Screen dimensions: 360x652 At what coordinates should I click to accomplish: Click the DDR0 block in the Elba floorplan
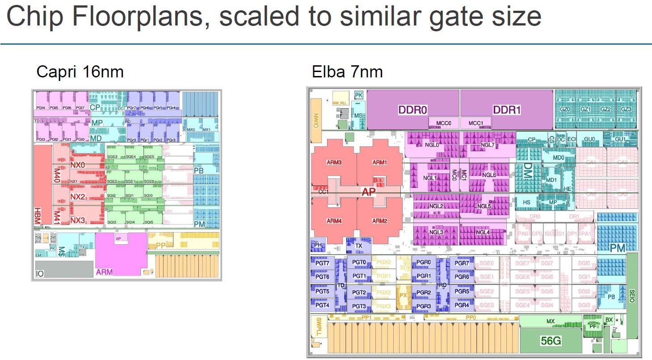click(413, 110)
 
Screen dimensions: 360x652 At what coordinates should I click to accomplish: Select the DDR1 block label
click(507, 110)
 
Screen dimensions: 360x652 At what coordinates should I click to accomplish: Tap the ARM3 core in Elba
click(334, 162)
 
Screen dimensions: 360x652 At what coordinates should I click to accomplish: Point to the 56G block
click(551, 341)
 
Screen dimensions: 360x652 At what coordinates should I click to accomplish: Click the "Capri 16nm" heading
click(80, 72)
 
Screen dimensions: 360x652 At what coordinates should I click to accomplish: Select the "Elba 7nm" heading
click(347, 72)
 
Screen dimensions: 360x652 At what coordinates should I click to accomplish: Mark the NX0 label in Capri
click(77, 165)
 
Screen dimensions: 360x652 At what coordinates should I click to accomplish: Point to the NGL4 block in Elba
click(482, 232)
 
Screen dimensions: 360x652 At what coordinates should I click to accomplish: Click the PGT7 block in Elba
click(322, 263)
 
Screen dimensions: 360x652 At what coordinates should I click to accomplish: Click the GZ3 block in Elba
click(626, 109)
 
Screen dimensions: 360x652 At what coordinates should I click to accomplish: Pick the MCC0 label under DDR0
click(444, 123)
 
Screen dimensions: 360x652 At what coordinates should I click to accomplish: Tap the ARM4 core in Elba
click(334, 221)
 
